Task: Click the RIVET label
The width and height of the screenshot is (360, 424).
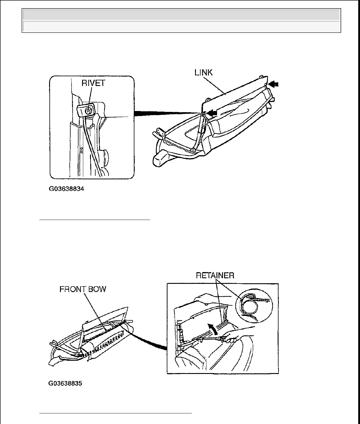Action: coord(93,83)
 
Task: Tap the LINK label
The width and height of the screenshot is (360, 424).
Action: coord(204,72)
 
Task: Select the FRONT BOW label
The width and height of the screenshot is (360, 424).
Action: coord(83,289)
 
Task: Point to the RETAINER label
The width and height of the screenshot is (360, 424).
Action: coord(215,276)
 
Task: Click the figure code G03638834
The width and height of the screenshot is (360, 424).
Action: coord(66,189)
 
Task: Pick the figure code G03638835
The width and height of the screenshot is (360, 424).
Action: coord(65,383)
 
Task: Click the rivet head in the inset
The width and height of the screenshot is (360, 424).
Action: coord(88,110)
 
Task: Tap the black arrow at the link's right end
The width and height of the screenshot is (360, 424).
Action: coord(273,84)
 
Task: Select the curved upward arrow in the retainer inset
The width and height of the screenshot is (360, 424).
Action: coord(212,329)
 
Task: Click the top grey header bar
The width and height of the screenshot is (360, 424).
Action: coord(181,15)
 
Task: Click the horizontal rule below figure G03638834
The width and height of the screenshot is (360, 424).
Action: coord(95,220)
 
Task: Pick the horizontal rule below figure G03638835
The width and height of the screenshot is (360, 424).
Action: coord(116,414)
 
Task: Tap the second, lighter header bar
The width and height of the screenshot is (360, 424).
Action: coord(181,26)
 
